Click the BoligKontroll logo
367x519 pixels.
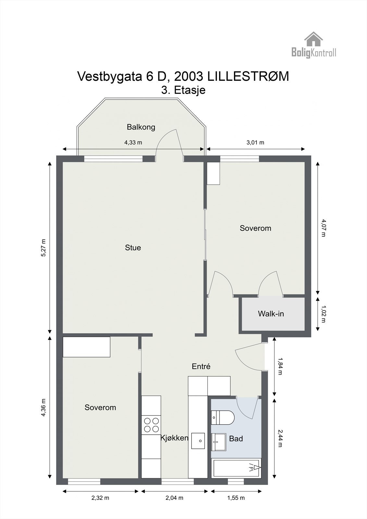(x=313, y=45)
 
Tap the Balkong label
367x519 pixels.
(x=141, y=127)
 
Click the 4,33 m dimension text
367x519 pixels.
(x=133, y=142)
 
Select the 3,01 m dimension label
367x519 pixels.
(x=255, y=142)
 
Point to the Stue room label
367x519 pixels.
(x=133, y=248)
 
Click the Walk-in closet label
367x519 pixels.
(x=271, y=314)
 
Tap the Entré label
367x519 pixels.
(x=201, y=367)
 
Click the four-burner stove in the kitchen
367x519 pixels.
(x=151, y=425)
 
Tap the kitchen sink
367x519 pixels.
(x=198, y=441)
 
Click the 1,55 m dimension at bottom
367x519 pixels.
(x=236, y=498)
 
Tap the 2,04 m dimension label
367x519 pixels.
(x=174, y=498)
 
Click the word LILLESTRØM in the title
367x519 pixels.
(x=248, y=77)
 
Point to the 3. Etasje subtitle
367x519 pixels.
(x=183, y=90)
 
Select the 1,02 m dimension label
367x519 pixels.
(x=323, y=314)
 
